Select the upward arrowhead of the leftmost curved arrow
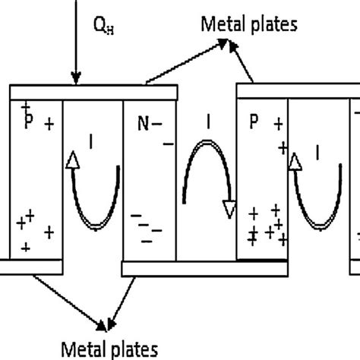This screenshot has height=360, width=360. pyautogui.click(x=73, y=159)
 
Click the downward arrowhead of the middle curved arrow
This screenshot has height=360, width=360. pyautogui.click(x=226, y=208)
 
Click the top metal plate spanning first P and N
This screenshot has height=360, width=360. pyautogui.click(x=92, y=92)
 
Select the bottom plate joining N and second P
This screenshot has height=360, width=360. pyautogui.click(x=204, y=268)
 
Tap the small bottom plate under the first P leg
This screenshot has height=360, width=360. pyautogui.click(x=30, y=266)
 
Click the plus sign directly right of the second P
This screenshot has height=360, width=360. pyautogui.click(x=278, y=122)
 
